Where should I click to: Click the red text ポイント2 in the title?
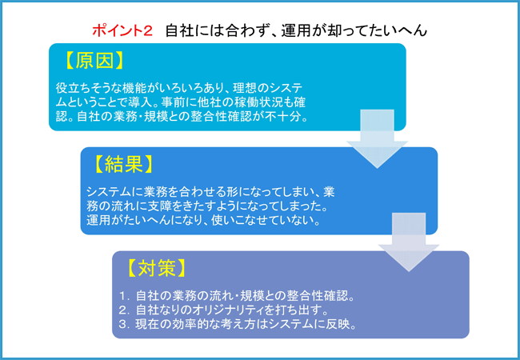point(122,30)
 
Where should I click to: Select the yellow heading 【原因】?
point(94,61)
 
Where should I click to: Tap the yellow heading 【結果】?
point(124,165)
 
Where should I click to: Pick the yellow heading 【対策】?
point(156,268)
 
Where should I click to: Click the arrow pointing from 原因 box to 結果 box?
point(377,138)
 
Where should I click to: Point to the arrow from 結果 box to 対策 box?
point(409,242)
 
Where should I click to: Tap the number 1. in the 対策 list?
point(123,296)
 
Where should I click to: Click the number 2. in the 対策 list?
point(123,310)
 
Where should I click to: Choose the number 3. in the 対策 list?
point(123,325)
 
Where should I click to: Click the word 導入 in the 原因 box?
point(140,102)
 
